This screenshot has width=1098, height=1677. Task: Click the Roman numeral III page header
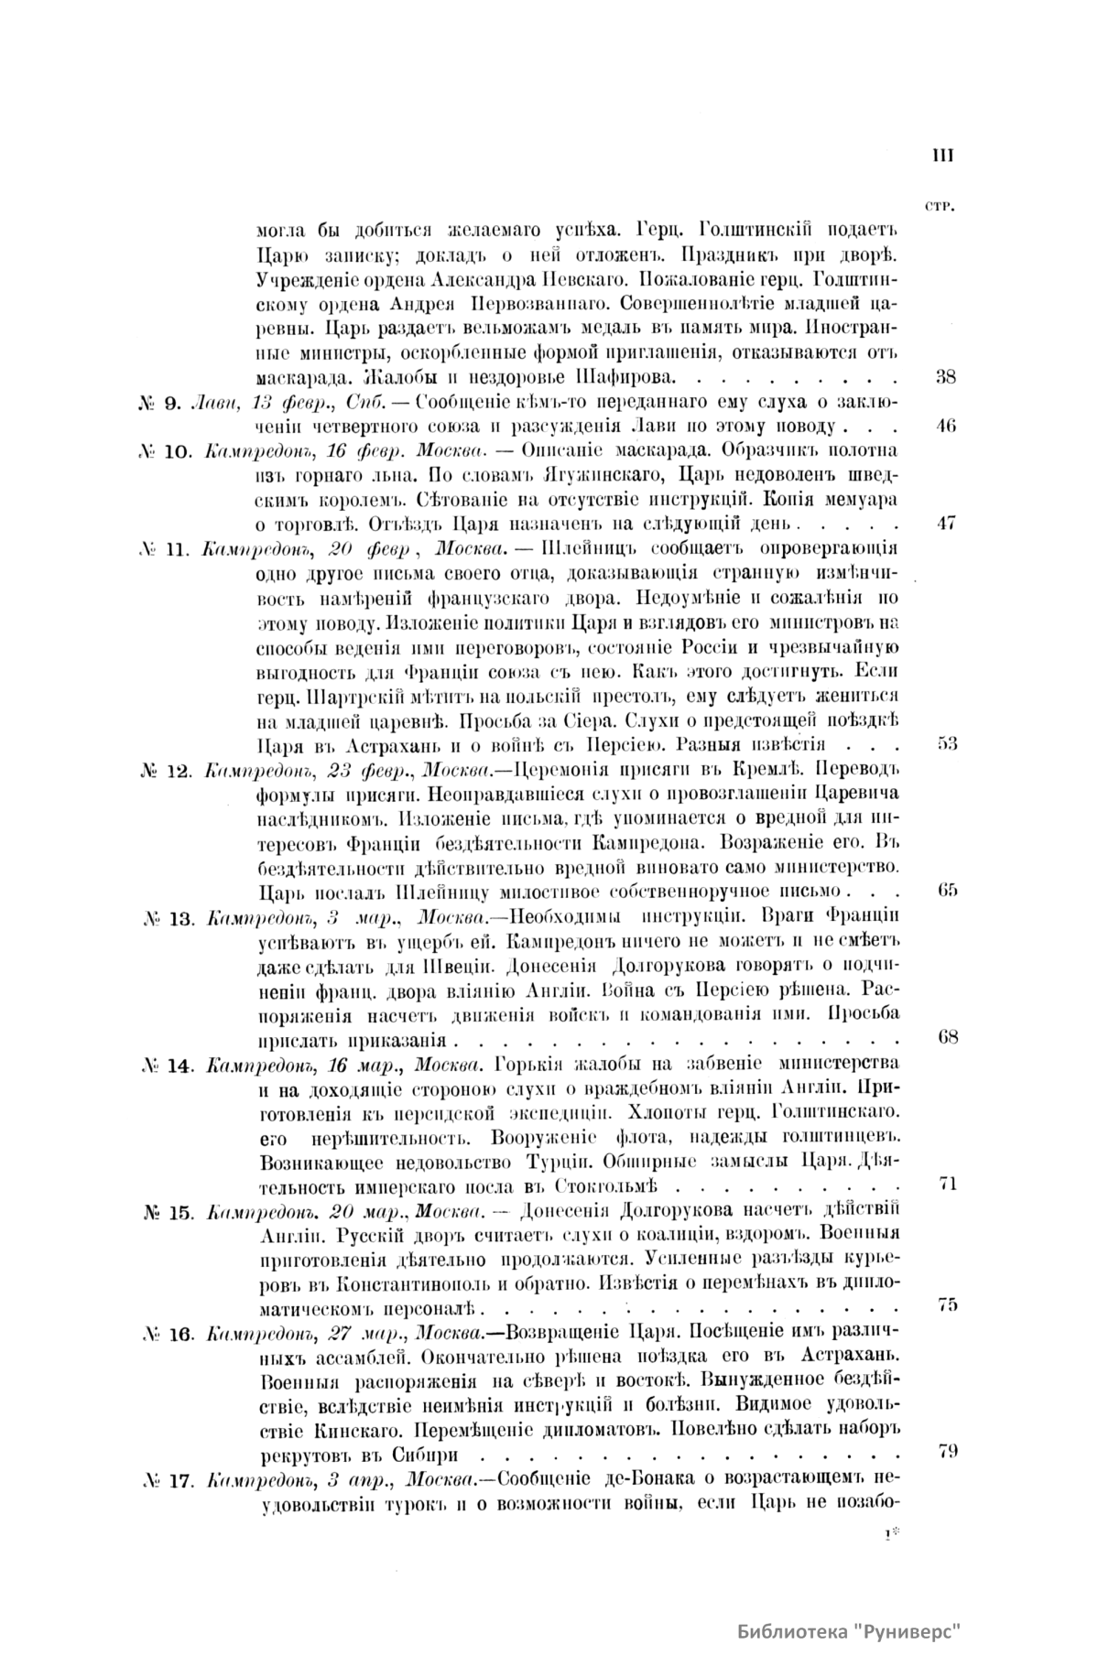942,157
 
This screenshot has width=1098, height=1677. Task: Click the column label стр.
940,206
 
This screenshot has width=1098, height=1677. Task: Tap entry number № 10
166,451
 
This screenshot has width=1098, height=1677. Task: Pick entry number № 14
166,1065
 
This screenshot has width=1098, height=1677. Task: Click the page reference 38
947,375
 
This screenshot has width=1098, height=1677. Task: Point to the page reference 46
947,425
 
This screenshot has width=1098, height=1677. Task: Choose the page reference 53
947,743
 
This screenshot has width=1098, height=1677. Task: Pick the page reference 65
948,890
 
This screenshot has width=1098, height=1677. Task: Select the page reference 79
948,1450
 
